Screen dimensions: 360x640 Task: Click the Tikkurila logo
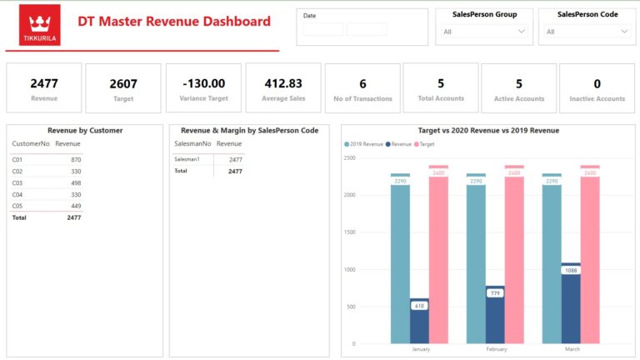coord(39,25)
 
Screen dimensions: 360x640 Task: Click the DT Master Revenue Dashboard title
coord(173,22)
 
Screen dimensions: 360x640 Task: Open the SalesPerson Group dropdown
coord(484,32)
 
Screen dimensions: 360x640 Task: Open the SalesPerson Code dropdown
coord(587,32)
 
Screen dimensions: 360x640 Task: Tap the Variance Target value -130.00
coord(203,83)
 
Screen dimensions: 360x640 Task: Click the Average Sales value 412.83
coord(283,83)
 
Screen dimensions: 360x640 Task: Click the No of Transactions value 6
coord(362,83)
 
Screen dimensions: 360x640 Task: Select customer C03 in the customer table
coord(17,182)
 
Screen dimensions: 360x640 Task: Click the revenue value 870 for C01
coord(76,159)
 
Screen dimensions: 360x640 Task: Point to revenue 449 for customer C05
coord(76,206)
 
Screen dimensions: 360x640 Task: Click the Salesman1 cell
coord(187,159)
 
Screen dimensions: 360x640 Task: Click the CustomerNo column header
coord(30,144)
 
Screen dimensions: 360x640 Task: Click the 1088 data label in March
coord(571,270)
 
